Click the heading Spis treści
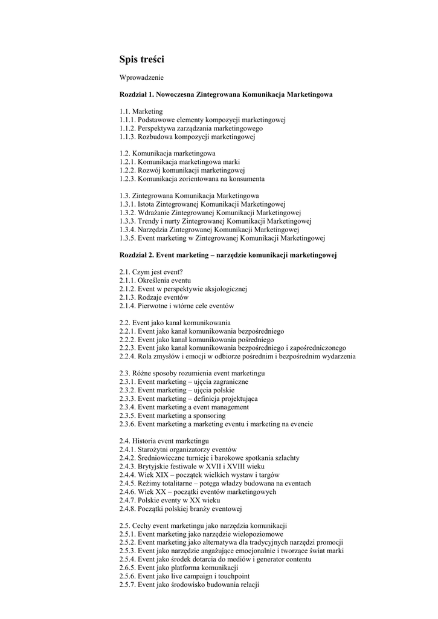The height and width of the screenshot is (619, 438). click(x=141, y=59)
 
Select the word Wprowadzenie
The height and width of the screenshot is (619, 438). click(x=141, y=77)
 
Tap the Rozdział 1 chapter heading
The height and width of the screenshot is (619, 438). click(x=225, y=95)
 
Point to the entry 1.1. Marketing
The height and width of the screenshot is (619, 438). click(x=141, y=111)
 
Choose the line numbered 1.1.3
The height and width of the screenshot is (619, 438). click(x=187, y=137)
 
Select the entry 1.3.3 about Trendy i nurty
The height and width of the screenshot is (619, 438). click(x=215, y=221)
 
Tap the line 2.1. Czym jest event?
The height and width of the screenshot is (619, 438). click(x=152, y=272)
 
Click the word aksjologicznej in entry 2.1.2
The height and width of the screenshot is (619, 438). click(x=219, y=289)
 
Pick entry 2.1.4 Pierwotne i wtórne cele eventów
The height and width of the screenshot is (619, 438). click(x=176, y=306)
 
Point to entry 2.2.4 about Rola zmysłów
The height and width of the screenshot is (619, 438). click(x=237, y=357)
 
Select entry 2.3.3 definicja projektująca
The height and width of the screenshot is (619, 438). click(x=188, y=399)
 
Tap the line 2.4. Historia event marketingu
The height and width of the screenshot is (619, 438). click(x=164, y=441)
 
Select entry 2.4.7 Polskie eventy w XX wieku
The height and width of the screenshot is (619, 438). click(x=170, y=500)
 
